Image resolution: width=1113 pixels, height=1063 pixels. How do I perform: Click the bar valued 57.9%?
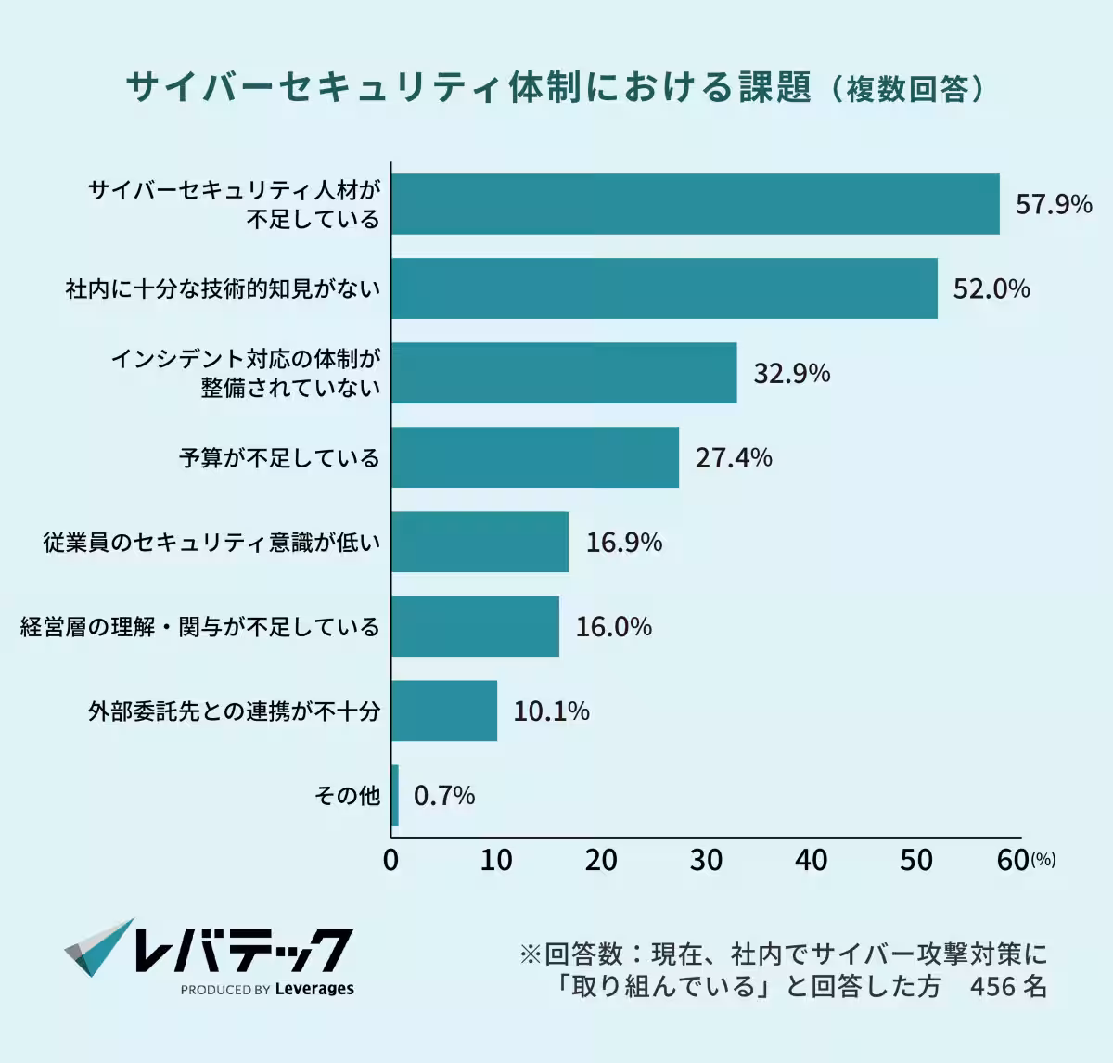696,204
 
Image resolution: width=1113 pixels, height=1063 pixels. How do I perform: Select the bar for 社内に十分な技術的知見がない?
664,288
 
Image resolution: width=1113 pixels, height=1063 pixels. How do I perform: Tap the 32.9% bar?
564,373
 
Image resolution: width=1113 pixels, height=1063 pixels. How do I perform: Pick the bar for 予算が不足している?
535,457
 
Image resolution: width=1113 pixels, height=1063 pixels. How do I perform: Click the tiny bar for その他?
395,795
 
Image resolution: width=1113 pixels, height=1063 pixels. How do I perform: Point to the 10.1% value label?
551,711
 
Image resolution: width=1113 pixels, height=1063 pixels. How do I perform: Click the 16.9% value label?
623,543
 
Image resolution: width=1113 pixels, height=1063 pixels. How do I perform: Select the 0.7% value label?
444,796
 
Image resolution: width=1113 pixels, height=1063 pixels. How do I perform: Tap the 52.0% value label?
991,289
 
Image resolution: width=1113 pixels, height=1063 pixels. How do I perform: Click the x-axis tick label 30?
706,860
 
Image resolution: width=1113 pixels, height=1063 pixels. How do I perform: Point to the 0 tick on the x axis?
391,860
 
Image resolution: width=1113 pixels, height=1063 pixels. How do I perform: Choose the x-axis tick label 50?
915,860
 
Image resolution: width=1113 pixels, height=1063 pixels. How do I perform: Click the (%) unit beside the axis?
1043,861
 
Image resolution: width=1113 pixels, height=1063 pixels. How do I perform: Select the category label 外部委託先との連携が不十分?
234,711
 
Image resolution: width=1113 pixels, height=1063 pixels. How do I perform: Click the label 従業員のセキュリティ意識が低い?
211,543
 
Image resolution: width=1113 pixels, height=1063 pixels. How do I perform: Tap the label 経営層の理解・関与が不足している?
200,627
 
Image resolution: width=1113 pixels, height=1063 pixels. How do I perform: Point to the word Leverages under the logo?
314,989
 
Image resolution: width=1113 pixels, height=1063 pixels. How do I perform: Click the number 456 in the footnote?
991,986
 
